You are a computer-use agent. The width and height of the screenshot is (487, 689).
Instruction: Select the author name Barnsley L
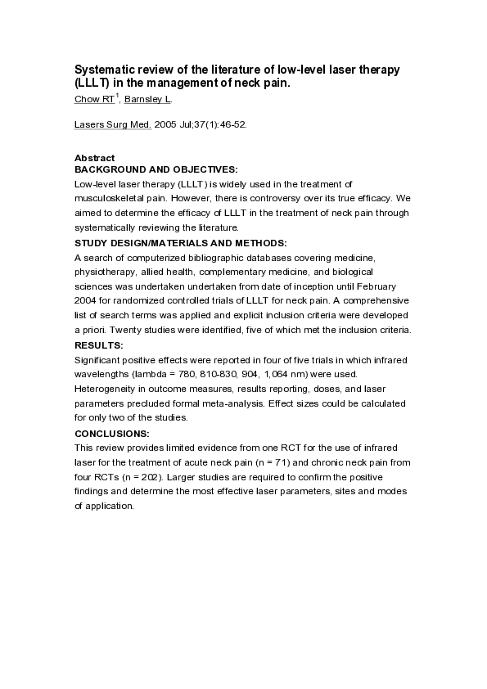pyautogui.click(x=147, y=99)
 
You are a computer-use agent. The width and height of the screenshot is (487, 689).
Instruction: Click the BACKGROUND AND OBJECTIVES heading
pyautogui.click(x=156, y=169)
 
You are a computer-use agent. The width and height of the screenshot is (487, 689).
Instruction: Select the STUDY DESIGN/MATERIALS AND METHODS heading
pyautogui.click(x=181, y=243)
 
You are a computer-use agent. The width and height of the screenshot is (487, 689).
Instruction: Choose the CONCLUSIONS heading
pyautogui.click(x=112, y=433)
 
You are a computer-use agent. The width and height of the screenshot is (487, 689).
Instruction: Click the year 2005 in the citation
pyautogui.click(x=166, y=126)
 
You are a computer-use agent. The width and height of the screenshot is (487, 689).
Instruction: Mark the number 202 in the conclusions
pyautogui.click(x=136, y=477)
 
